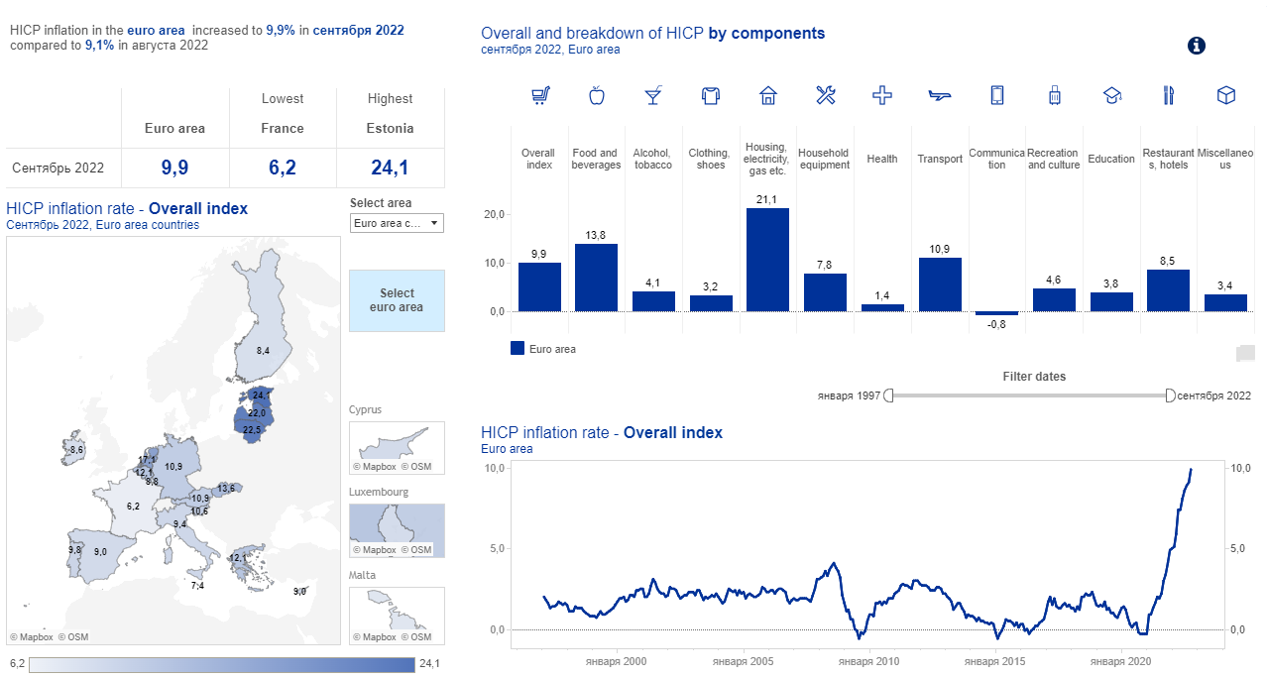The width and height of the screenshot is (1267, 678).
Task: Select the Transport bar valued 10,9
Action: click(940, 284)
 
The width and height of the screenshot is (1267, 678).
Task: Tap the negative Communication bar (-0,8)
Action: click(996, 313)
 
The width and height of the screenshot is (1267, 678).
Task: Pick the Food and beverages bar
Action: click(596, 278)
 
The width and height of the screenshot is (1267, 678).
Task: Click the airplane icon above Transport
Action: click(940, 95)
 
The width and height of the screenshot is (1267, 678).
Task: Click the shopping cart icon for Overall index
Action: click(539, 95)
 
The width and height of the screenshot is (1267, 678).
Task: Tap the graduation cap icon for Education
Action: click(1111, 95)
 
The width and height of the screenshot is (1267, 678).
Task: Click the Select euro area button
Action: click(397, 300)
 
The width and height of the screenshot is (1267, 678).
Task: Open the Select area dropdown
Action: click(397, 223)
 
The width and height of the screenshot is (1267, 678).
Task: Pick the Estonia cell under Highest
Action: click(391, 128)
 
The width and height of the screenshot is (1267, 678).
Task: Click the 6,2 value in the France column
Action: click(283, 168)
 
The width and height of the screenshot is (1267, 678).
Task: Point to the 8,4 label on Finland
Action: click(263, 351)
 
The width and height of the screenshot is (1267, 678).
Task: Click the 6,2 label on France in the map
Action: click(133, 507)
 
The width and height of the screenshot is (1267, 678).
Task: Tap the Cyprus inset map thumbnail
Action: click(397, 449)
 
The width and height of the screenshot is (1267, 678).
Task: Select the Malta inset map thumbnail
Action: click(397, 615)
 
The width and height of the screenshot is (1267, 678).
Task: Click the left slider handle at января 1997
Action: click(888, 395)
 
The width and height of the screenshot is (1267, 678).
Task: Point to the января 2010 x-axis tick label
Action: click(868, 661)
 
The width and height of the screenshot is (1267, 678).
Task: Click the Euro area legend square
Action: click(518, 348)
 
